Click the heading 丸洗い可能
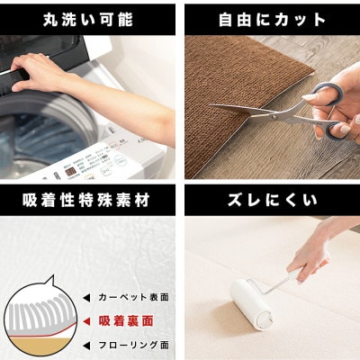(87, 17)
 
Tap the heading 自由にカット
(271, 17)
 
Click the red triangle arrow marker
(87, 319)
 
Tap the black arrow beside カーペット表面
(87, 296)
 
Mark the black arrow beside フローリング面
(87, 344)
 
